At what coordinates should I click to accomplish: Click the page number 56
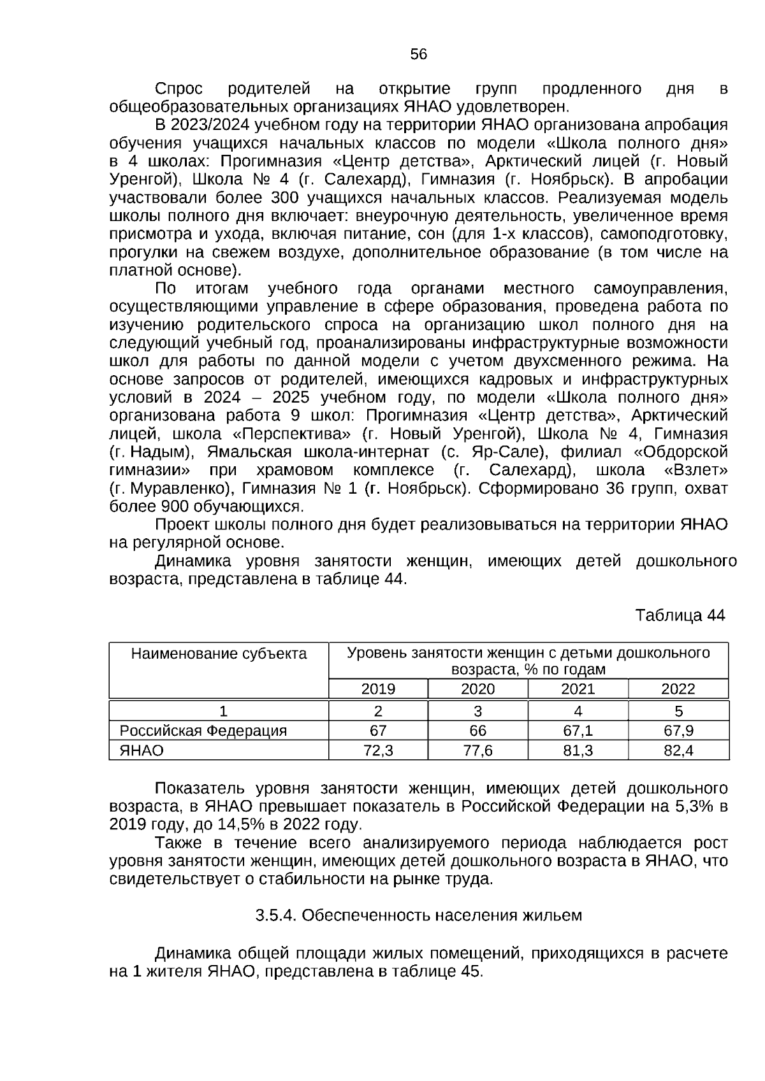418,55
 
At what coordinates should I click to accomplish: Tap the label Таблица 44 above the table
680,615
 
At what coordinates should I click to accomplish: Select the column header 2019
378,689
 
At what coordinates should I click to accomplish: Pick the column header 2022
678,689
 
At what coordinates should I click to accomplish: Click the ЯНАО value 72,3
378,750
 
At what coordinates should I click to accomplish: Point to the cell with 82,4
678,750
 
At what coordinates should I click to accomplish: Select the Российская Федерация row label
203,731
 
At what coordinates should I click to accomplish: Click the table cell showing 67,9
678,731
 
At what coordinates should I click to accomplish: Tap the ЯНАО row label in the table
142,750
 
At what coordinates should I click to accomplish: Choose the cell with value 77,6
477,750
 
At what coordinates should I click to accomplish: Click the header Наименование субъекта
219,654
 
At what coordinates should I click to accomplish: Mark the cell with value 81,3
578,750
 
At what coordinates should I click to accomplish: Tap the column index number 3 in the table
477,711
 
